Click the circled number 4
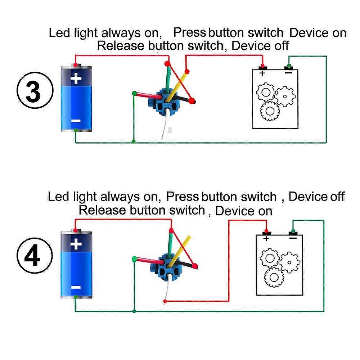coord(34,257)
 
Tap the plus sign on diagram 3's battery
coord(76,78)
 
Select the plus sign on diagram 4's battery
coord(76,244)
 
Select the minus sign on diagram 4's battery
coord(76,287)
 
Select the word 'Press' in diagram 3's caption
coord(189,33)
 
